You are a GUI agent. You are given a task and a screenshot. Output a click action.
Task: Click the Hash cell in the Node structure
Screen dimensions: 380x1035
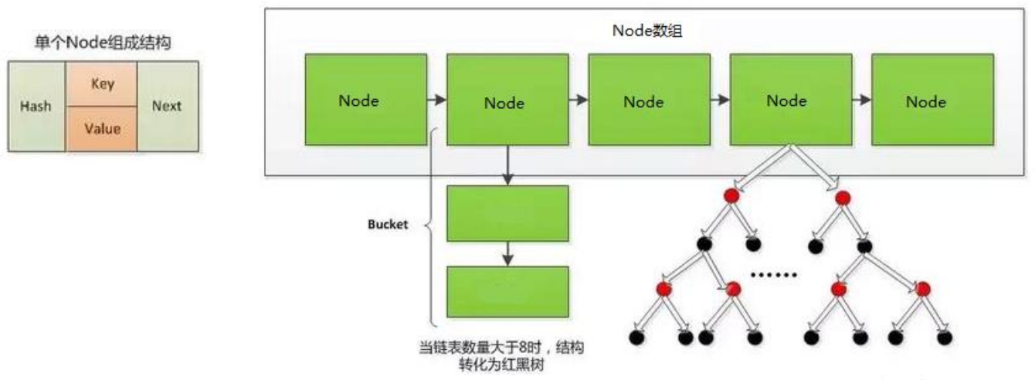pyautogui.click(x=36, y=106)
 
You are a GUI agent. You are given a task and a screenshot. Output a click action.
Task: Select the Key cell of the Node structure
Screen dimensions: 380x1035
pyautogui.click(x=102, y=84)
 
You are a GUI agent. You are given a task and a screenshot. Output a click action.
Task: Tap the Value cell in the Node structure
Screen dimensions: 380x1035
pyautogui.click(x=102, y=128)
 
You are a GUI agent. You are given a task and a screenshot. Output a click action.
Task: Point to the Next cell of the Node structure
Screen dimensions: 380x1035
pyautogui.click(x=167, y=106)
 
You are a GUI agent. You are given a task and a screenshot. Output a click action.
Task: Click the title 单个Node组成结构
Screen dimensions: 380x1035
pyautogui.click(x=103, y=43)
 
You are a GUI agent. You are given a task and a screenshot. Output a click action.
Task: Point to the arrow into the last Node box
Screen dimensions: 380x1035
pyautogui.click(x=860, y=100)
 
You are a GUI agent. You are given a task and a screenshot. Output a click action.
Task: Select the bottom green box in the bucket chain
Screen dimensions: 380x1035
pyautogui.click(x=507, y=290)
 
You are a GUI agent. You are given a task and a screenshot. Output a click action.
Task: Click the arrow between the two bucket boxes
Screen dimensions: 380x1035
pyautogui.click(x=507, y=252)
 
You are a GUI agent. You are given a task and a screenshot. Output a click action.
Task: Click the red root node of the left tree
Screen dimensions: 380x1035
pyautogui.click(x=731, y=197)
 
